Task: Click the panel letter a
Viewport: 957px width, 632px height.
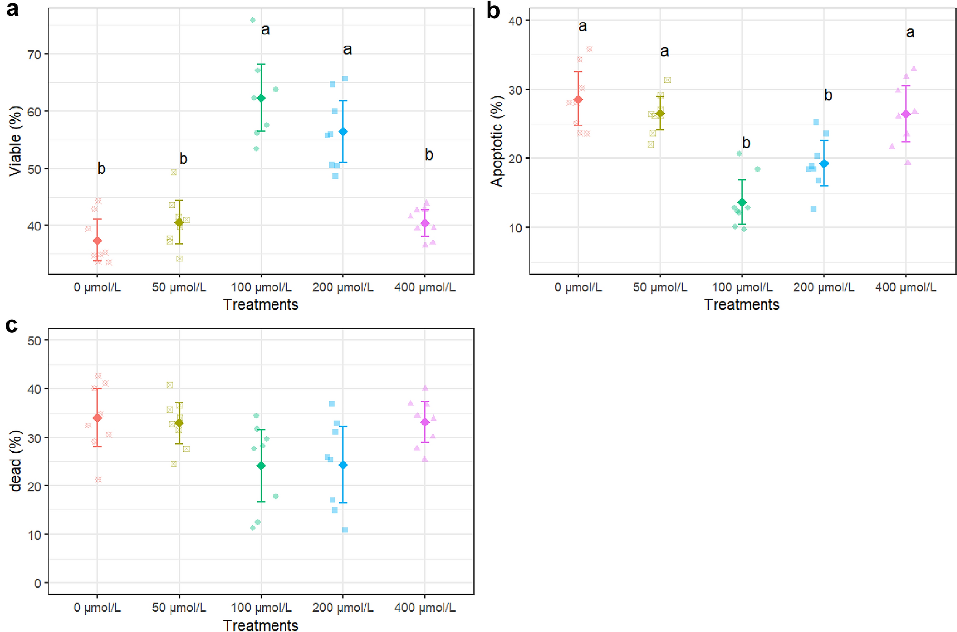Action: point(12,10)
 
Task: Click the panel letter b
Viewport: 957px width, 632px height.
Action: point(493,11)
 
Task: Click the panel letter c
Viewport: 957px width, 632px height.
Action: point(11,326)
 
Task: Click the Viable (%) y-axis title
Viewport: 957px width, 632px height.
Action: point(16,141)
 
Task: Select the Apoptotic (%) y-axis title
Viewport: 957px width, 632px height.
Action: point(497,141)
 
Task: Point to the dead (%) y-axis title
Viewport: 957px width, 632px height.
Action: point(16,461)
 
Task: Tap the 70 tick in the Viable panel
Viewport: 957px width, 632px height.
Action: point(34,54)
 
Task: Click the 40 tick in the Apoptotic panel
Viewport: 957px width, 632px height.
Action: point(515,21)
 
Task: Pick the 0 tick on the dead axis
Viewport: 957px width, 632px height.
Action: point(37,583)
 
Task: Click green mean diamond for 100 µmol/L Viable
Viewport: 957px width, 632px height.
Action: point(261,98)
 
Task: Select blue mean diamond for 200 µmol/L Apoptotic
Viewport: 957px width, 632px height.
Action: point(824,164)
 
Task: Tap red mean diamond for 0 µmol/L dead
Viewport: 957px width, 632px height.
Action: point(97,418)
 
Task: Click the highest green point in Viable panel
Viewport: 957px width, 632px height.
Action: point(252,20)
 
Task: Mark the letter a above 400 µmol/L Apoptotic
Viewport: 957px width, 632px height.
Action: point(910,33)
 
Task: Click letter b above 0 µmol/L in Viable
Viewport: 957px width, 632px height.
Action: point(101,169)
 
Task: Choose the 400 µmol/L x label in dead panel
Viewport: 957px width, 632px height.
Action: point(424,608)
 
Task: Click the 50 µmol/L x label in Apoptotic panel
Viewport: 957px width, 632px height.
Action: point(660,287)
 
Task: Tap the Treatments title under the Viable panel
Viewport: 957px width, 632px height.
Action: point(261,305)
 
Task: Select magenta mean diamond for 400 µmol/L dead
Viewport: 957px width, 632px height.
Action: point(425,422)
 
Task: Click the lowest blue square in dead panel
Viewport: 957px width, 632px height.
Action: point(345,529)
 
